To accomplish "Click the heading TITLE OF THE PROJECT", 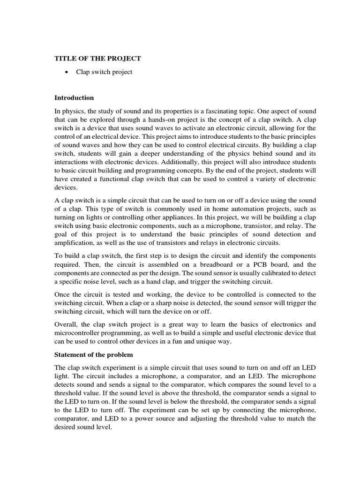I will tap(97, 58).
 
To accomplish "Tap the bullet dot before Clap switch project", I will tap(69, 72).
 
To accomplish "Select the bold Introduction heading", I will tap(74, 98).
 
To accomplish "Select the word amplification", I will tap(75, 242).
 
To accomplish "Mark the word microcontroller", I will tap(78, 333).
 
